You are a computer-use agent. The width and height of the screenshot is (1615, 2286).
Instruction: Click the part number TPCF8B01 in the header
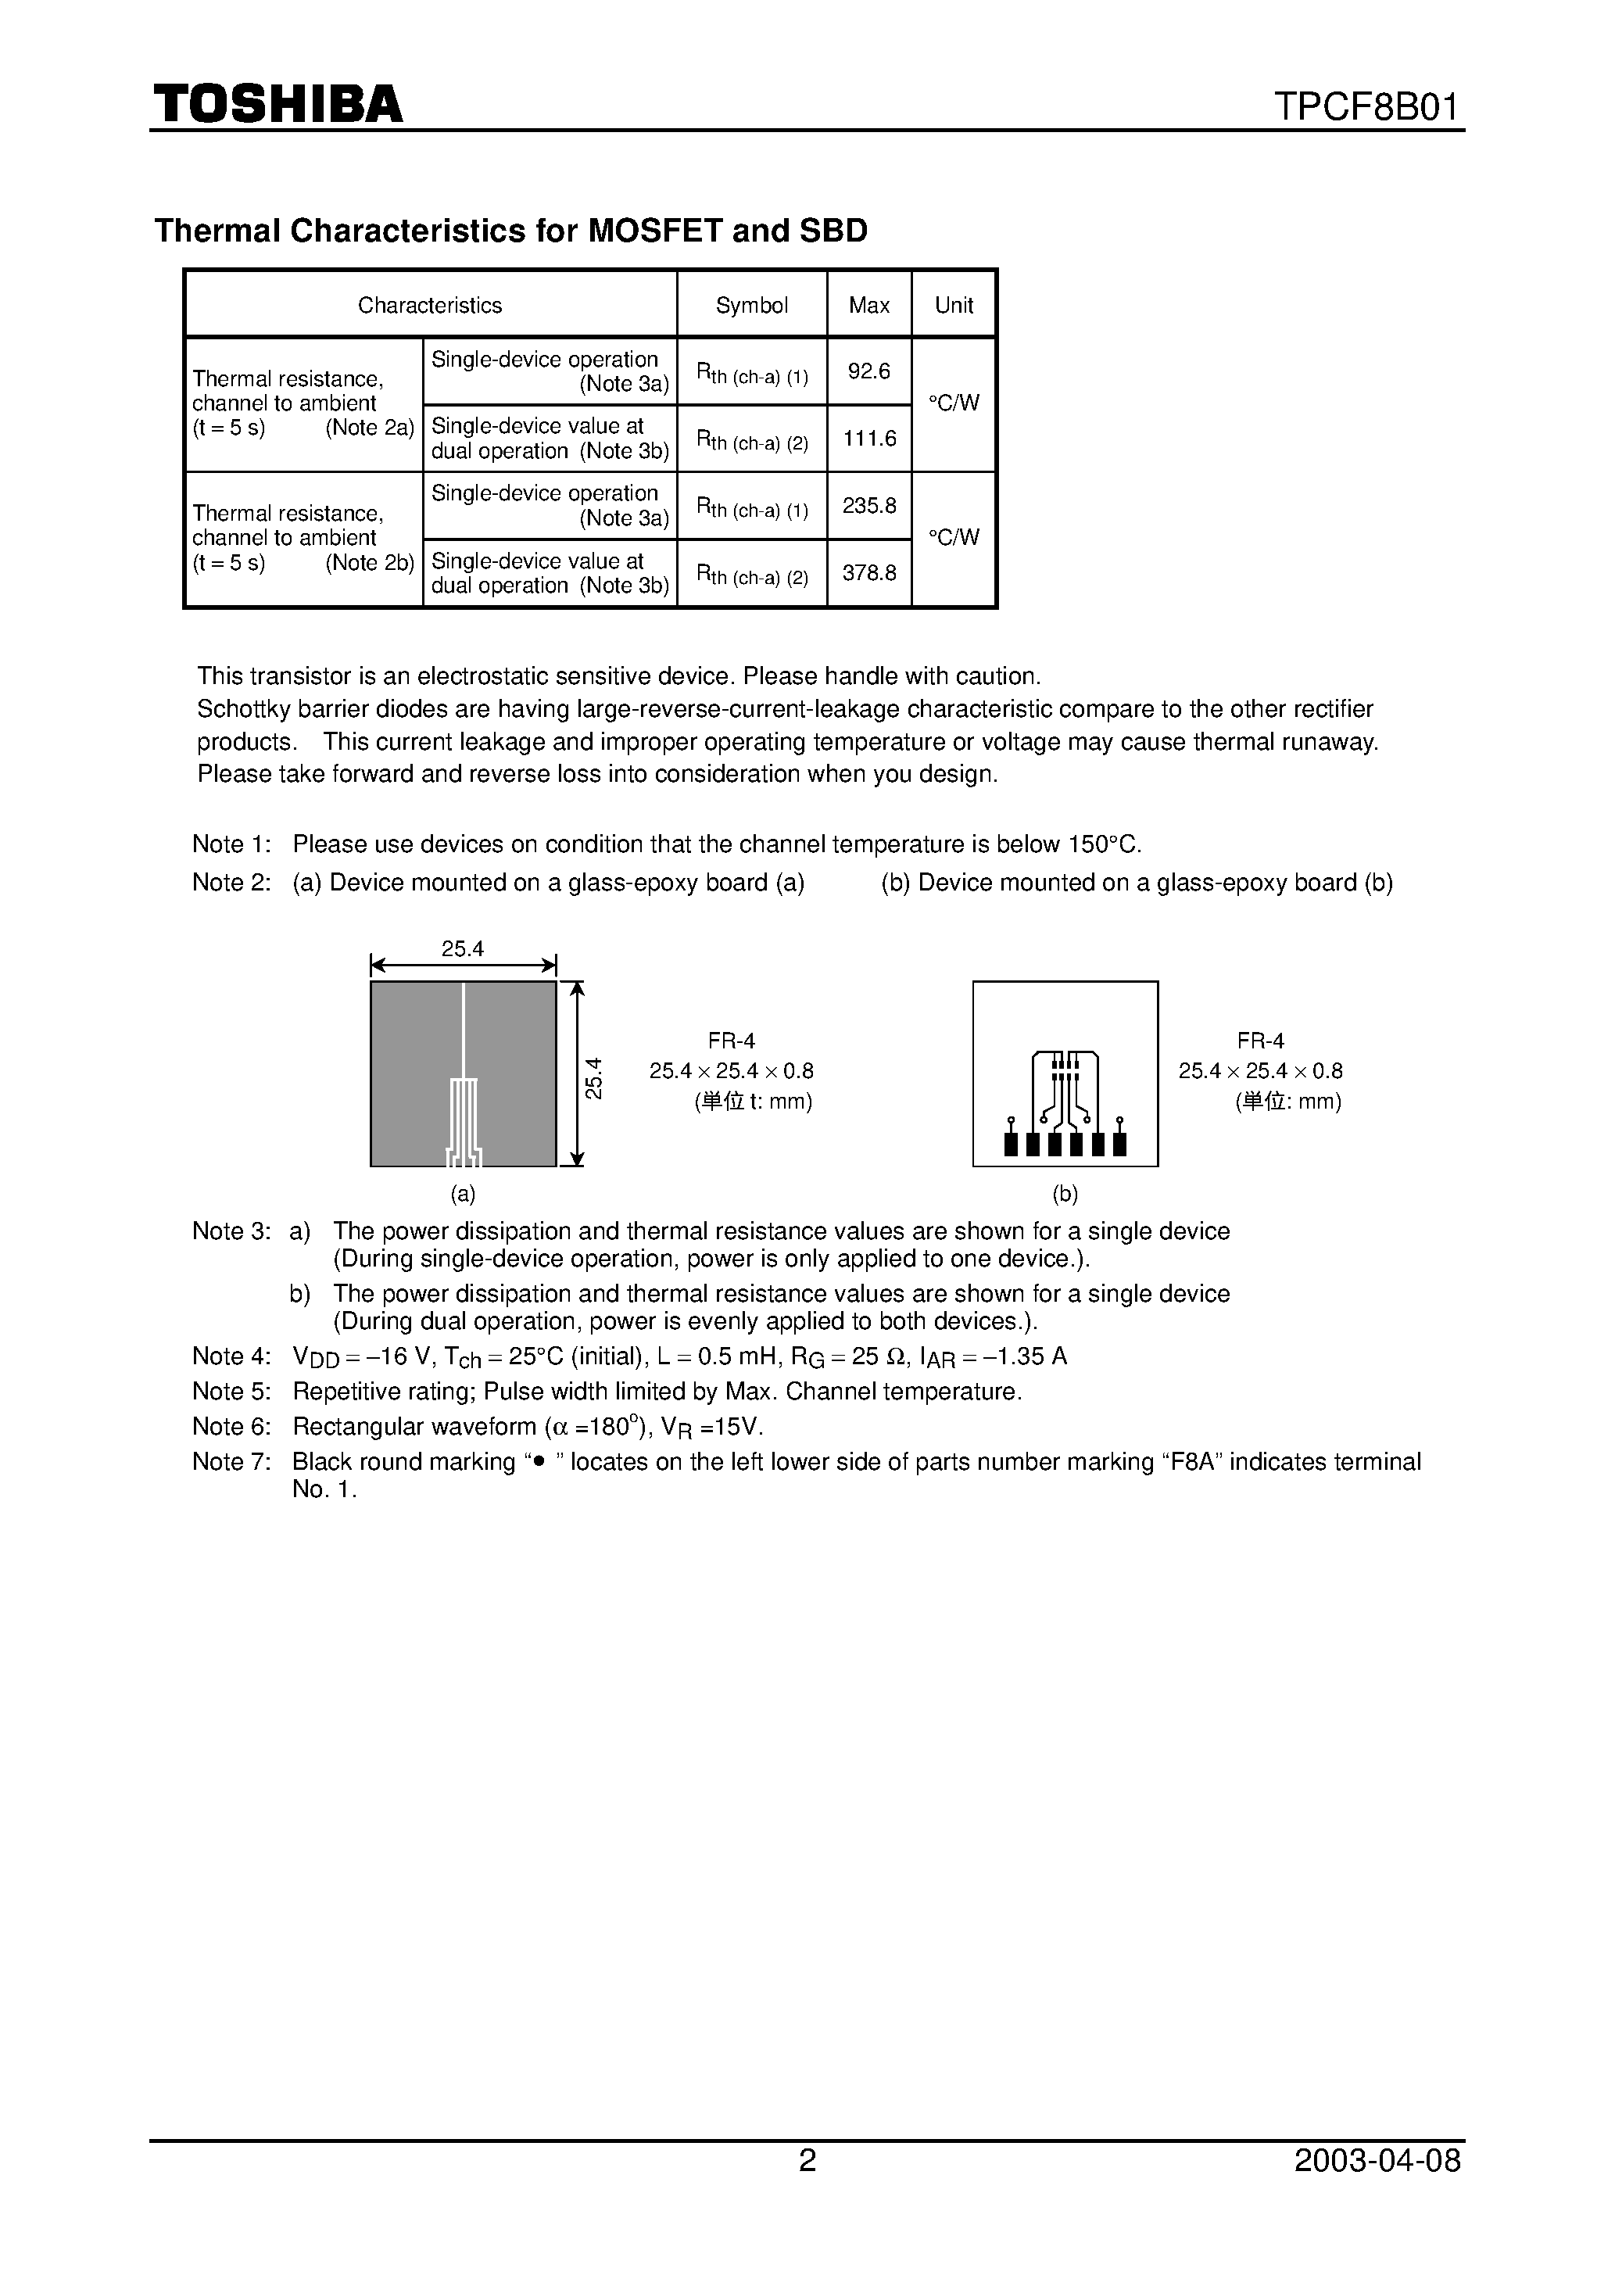pos(1366,106)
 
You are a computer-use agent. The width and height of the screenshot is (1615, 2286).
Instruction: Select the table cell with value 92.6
pos(868,371)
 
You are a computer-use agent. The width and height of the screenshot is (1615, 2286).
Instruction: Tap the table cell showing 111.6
pos(868,438)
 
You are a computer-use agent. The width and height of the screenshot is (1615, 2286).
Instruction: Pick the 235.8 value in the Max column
pos(868,506)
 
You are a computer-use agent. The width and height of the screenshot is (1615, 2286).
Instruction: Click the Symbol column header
pos(752,306)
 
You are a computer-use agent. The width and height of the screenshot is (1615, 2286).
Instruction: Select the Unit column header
pos(953,306)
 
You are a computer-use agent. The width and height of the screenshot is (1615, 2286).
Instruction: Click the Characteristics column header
pos(429,306)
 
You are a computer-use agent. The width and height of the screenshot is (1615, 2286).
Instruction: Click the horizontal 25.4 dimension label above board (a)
pos(463,949)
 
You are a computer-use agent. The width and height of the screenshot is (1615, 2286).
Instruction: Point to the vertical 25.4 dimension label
pos(594,1077)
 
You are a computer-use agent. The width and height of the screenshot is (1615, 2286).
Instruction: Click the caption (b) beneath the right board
pos(1065,1194)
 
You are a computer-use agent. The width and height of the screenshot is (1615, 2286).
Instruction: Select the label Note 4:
pos(231,1356)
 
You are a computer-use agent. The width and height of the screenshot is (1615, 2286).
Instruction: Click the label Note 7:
pos(231,1462)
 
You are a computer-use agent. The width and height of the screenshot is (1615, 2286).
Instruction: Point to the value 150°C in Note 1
pos(1103,844)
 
